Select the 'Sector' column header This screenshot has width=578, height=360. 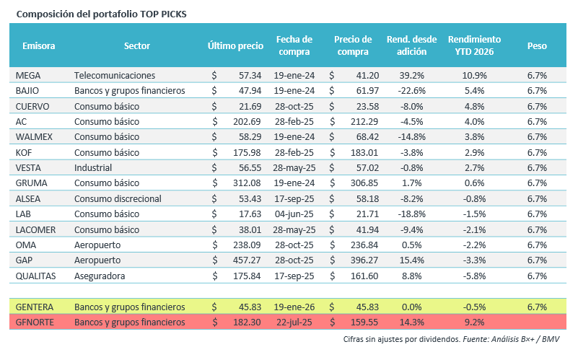coord(137,45)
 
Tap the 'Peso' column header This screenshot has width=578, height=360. coord(537,45)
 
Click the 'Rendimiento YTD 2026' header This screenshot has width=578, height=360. coord(474,45)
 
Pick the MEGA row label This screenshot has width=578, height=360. coord(27,75)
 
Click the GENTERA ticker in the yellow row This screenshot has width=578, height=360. coord(35,307)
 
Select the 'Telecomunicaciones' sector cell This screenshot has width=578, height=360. coord(115,75)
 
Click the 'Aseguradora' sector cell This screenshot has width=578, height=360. coord(100,275)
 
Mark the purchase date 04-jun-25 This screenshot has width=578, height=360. coord(293,214)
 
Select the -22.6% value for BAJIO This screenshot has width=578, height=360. coord(412,90)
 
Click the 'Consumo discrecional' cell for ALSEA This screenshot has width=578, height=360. coord(118,198)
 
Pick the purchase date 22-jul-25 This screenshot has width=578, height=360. coord(293,321)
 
